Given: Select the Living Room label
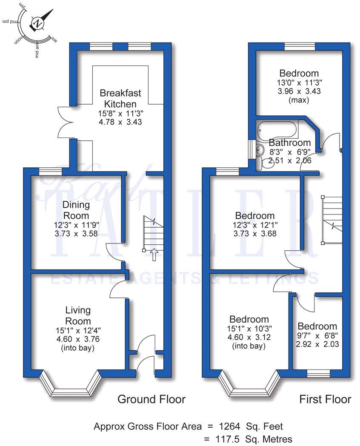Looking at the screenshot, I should tap(77, 315).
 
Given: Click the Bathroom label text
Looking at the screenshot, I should tap(290, 143).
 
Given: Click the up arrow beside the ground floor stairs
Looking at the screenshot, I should tap(154, 254).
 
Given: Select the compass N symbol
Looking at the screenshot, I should tap(39, 23).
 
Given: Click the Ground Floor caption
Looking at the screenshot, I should tap(151, 399).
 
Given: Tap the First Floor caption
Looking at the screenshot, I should tap(325, 399).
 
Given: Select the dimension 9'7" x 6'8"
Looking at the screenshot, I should tap(317, 336).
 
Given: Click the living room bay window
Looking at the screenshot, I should tap(70, 387).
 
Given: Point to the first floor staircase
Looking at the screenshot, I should tap(332, 219).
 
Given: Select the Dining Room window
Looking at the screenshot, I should tap(51, 171).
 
